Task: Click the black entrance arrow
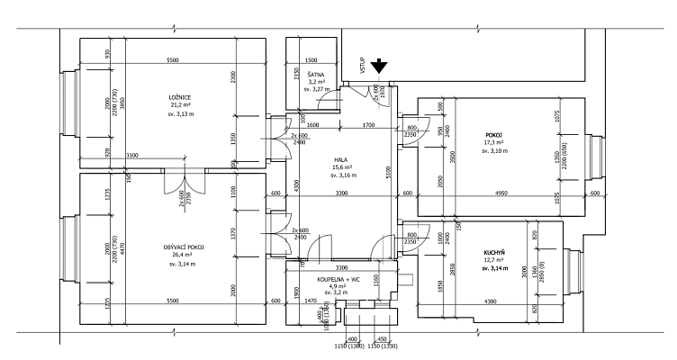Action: (381, 65)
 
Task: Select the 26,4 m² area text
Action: (185, 256)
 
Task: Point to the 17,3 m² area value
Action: (494, 142)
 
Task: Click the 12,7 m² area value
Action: (494, 260)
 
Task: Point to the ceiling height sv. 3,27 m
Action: (317, 90)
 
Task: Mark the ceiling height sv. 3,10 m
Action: (494, 150)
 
